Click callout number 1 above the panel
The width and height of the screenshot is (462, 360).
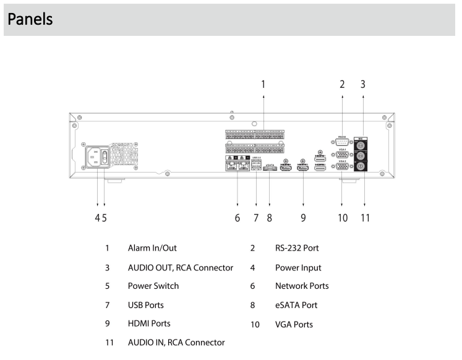(x=263, y=84)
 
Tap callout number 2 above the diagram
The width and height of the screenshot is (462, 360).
(x=342, y=84)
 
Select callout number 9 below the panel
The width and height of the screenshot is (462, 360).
(x=303, y=218)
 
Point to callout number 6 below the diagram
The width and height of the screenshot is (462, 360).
(x=237, y=218)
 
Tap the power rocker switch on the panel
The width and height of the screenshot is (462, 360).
(x=105, y=156)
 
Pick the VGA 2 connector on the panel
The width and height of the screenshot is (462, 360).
(x=342, y=166)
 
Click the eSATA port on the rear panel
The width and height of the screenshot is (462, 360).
(x=270, y=168)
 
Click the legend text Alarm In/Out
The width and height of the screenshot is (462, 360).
(x=152, y=248)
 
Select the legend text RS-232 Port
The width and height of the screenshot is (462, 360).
(x=297, y=248)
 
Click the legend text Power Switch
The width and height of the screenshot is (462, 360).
(x=153, y=286)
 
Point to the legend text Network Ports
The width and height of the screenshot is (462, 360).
(x=302, y=286)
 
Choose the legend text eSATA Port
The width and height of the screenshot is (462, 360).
(x=296, y=305)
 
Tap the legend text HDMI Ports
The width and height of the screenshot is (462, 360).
(x=149, y=323)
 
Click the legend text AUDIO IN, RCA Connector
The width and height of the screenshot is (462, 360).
(x=176, y=342)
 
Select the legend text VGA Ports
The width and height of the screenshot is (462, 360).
(x=294, y=324)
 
